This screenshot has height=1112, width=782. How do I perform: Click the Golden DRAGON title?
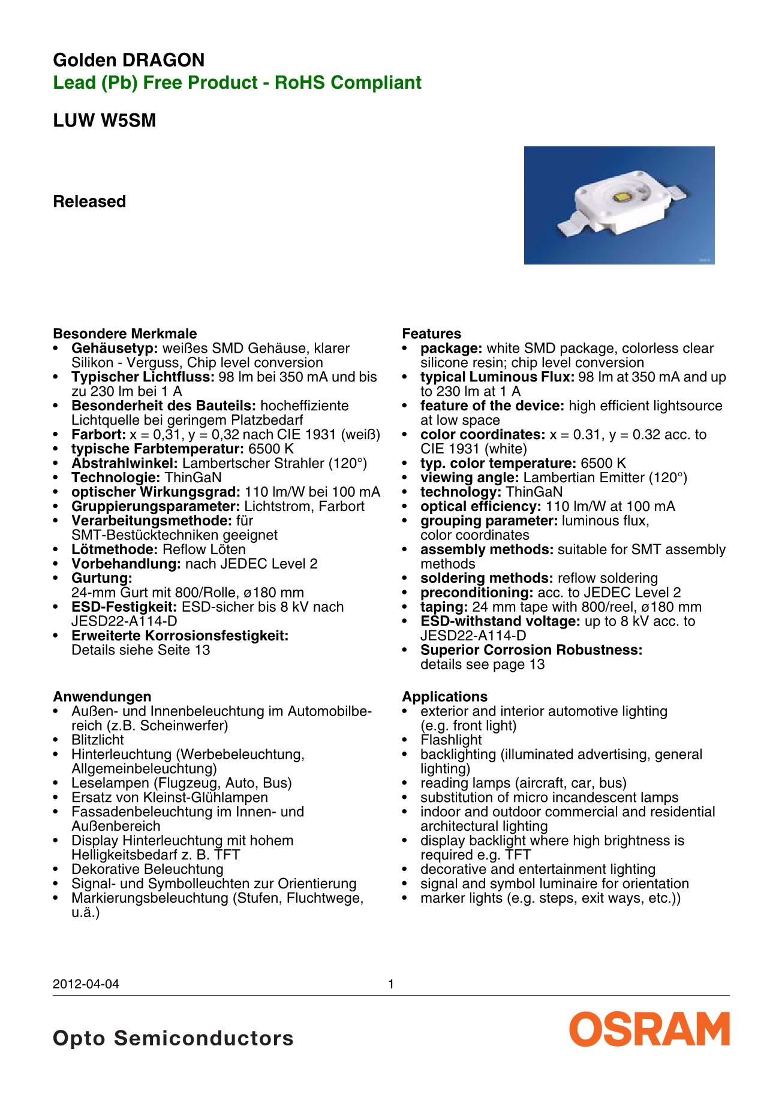click(129, 61)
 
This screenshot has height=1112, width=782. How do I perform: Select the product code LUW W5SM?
click(104, 121)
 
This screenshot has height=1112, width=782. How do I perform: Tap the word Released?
click(89, 202)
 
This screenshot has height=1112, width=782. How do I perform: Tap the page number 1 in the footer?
click(391, 984)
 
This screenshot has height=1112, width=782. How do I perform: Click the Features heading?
click(432, 334)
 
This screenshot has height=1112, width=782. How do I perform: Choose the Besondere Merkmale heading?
click(125, 334)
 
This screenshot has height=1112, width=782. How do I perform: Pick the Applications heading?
click(444, 697)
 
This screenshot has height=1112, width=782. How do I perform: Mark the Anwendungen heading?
click(102, 697)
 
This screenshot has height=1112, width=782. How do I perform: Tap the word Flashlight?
click(451, 740)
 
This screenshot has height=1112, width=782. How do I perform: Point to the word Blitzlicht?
click(98, 740)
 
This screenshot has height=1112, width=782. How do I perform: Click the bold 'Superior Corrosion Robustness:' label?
click(531, 650)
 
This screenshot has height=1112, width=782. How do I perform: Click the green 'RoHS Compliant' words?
click(348, 83)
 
